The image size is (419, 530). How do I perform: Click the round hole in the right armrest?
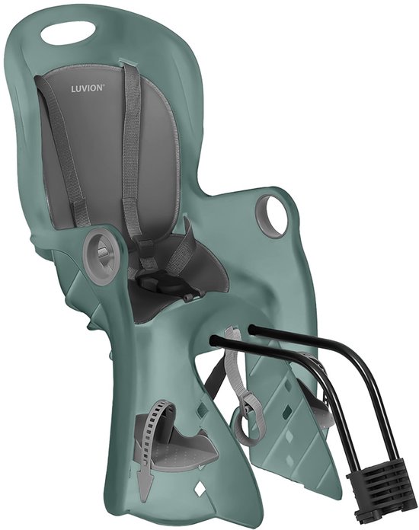point(273,215)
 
